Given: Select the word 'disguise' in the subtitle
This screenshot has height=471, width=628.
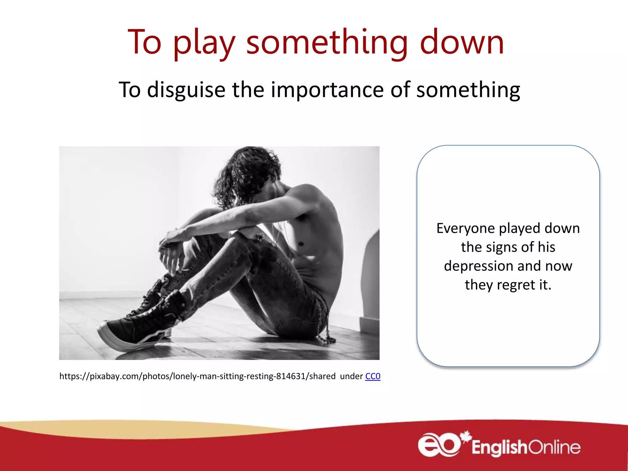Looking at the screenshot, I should [186, 90].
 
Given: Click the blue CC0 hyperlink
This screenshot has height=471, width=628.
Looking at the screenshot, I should [373, 376].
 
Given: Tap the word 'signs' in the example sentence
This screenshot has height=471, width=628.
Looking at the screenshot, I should [502, 247].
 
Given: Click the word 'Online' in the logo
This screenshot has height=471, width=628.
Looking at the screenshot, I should [554, 448].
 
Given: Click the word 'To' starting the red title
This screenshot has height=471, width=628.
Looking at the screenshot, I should [144, 42].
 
